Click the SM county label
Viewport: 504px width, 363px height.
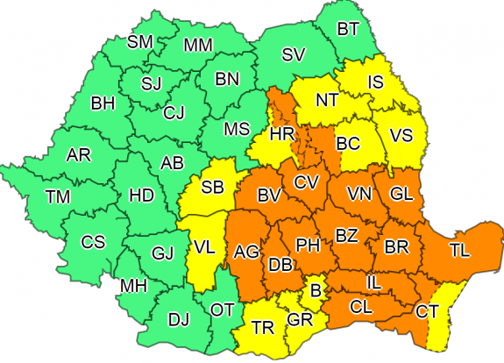click(139, 42)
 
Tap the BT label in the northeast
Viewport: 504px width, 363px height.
click(348, 30)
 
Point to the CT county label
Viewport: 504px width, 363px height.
click(428, 310)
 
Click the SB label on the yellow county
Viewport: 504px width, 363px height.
click(211, 187)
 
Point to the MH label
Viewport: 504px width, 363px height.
click(133, 287)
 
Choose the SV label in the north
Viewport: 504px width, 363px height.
click(293, 55)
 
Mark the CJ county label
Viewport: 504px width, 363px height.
click(174, 111)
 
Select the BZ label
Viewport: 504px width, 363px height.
click(347, 235)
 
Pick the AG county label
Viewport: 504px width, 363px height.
click(246, 253)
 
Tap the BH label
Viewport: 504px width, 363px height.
click(103, 103)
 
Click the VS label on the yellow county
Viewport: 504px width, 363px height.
click(401, 136)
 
